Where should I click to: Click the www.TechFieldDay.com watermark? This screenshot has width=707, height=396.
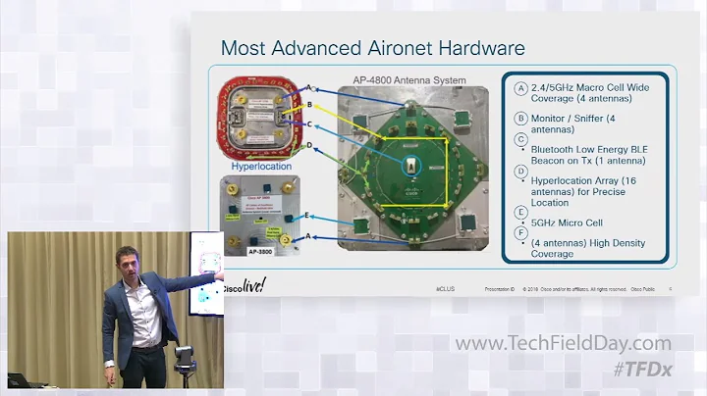coord(563,344)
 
